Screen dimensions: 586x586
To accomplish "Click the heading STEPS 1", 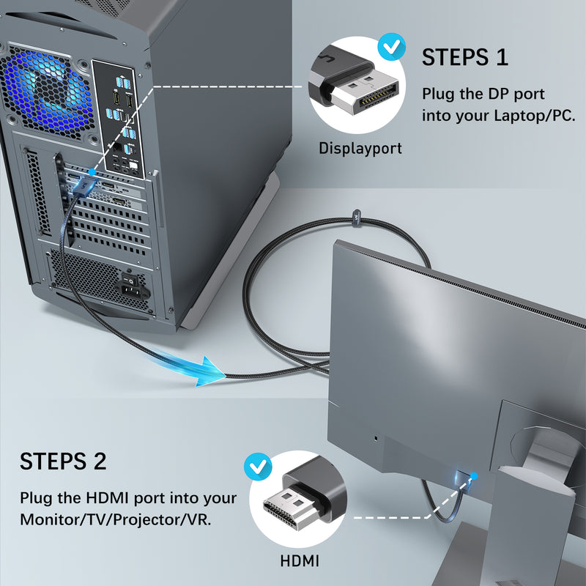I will (464, 57).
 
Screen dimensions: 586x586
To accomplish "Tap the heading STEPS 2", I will (63, 461).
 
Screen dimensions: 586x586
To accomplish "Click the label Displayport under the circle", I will (360, 149).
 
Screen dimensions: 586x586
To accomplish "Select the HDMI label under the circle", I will (300, 562).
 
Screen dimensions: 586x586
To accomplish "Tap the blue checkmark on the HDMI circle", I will (256, 464).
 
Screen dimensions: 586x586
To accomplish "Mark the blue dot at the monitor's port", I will (473, 477).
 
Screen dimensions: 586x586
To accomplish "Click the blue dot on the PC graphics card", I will (92, 171).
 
